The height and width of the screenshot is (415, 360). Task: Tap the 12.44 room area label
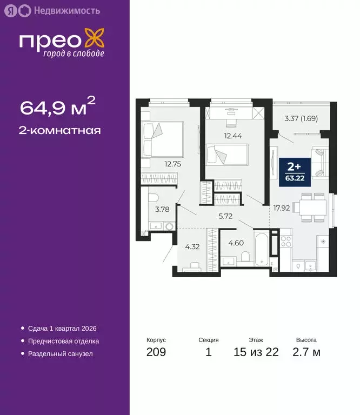pos(232,136)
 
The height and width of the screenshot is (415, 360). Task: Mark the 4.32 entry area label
pos(193,247)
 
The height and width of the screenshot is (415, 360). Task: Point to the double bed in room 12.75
pos(162,139)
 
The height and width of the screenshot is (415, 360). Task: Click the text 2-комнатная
pos(61,130)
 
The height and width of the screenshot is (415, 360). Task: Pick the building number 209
pos(156,353)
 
